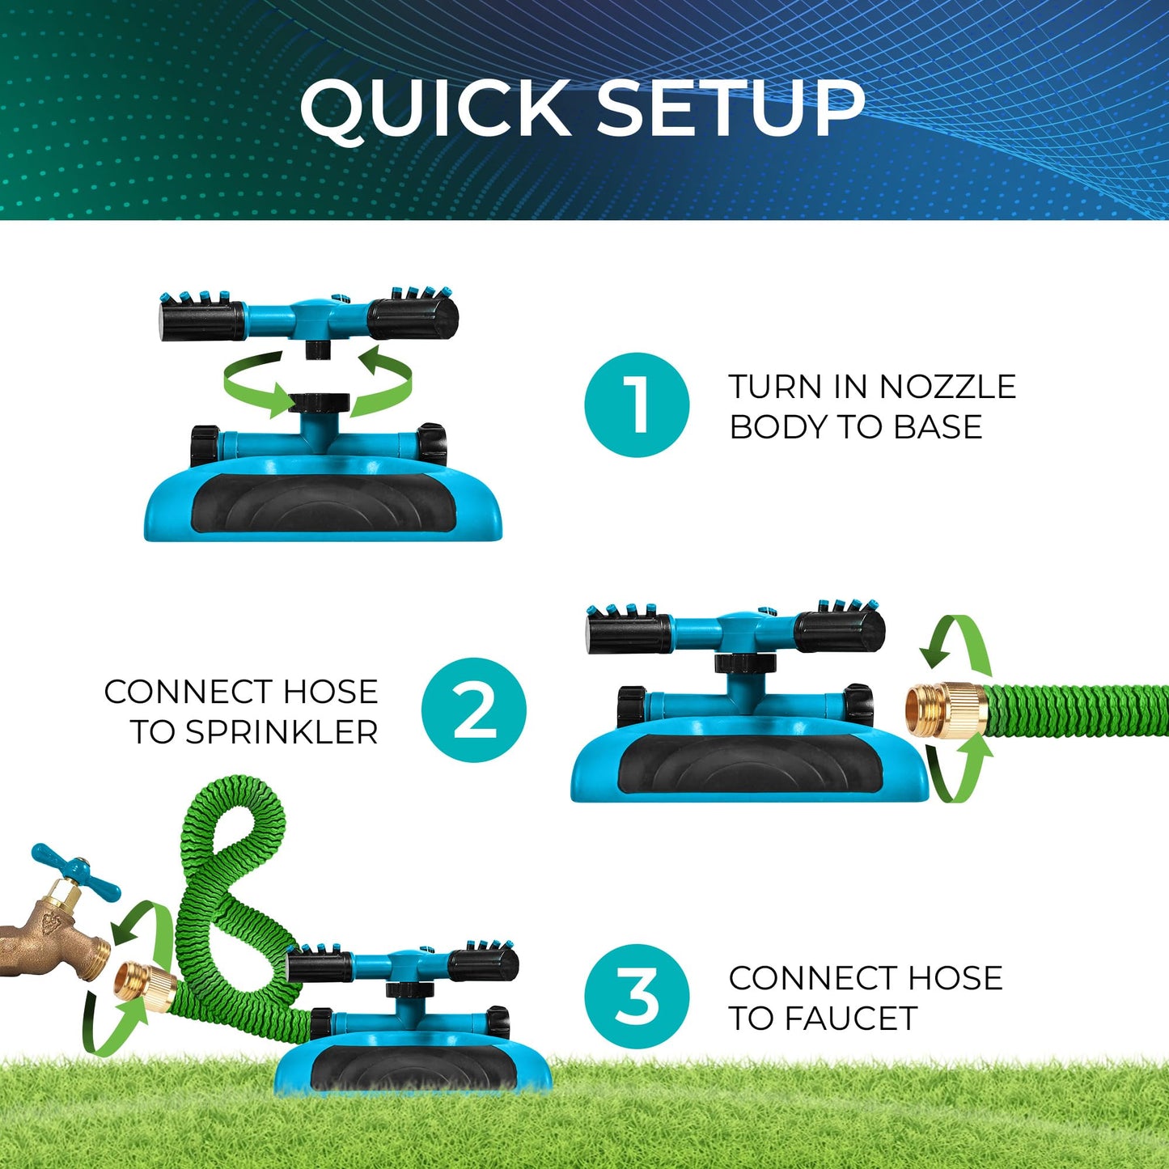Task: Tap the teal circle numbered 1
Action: pyautogui.click(x=637, y=404)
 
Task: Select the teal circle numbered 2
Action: pyautogui.click(x=473, y=709)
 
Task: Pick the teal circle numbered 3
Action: pyautogui.click(x=637, y=996)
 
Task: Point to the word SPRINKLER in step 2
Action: pyautogui.click(x=282, y=732)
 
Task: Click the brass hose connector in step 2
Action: pyautogui.click(x=945, y=709)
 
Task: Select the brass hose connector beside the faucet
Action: pyautogui.click(x=146, y=986)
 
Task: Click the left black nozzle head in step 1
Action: pyautogui.click(x=202, y=320)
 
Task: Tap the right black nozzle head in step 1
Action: pyautogui.click(x=413, y=318)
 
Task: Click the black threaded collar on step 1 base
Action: pyautogui.click(x=319, y=402)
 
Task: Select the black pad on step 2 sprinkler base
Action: pyautogui.click(x=749, y=765)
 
